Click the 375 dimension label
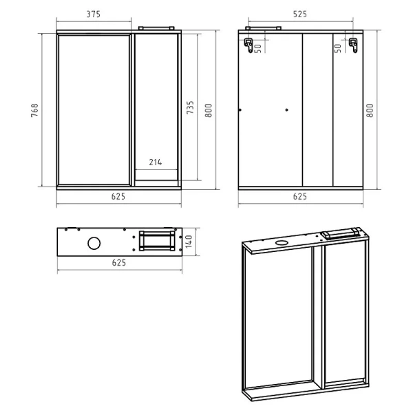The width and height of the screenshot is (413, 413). coord(94,14)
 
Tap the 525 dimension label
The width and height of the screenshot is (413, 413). coord(300,14)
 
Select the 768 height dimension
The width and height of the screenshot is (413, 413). coord(35,110)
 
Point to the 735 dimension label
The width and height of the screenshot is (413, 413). coord(190,107)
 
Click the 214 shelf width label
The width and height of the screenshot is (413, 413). coord(156,162)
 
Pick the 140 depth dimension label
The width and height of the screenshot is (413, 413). coord(189,242)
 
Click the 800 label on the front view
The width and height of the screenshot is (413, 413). coord(209,110)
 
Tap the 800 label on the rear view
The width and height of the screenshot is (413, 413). coord(370,110)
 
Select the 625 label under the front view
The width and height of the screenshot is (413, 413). coord(118,196)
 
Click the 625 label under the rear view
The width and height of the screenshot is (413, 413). coord(300,196)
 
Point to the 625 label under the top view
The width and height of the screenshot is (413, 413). coord(119,263)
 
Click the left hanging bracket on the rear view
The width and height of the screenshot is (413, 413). coord(248,45)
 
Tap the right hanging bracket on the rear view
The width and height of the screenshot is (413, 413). coord(353,45)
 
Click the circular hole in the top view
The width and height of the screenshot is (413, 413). coord(94,243)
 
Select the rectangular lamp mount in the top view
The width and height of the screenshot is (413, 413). coord(157,241)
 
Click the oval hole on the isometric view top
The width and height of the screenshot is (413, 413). coord(282,243)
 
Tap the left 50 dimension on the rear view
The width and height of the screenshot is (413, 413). coord(258,48)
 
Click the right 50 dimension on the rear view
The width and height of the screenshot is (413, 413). coord(338,48)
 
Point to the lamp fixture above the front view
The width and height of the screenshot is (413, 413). coord(156,28)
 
